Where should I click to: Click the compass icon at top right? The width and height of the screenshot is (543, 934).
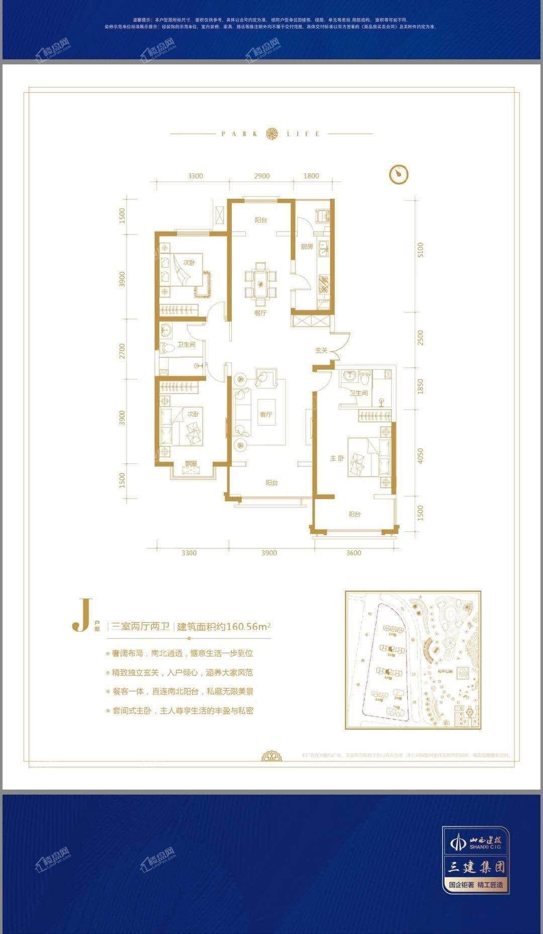(x=399, y=174)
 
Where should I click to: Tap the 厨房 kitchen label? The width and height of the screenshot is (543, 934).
(x=307, y=247)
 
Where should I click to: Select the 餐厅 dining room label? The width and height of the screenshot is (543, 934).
(x=260, y=313)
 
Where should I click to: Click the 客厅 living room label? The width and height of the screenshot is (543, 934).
(x=266, y=414)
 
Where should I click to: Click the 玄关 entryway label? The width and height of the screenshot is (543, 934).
(x=321, y=350)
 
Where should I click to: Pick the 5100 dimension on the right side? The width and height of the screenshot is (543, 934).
(x=420, y=250)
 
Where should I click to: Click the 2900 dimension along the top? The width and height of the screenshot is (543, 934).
(x=261, y=176)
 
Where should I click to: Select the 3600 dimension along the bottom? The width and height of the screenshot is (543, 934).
(x=353, y=553)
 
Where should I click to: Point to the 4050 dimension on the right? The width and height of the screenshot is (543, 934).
(x=420, y=456)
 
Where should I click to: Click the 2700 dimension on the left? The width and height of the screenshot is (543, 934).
(x=122, y=351)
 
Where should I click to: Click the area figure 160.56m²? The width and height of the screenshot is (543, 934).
(x=249, y=627)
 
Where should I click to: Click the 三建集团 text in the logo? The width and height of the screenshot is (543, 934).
(x=476, y=867)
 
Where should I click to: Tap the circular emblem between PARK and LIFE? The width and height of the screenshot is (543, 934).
(x=271, y=133)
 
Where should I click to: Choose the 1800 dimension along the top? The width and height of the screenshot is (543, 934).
(x=311, y=176)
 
